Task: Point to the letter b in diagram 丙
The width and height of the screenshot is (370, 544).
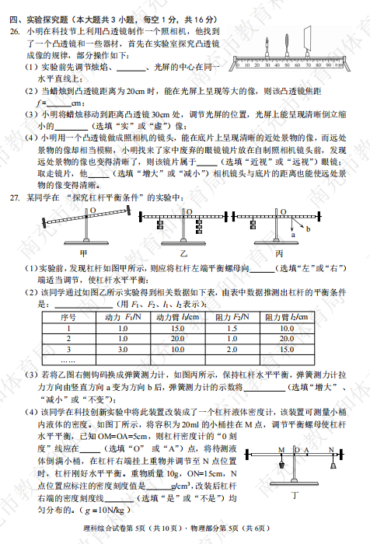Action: coord(307,230)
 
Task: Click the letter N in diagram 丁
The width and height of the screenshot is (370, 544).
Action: coord(330,450)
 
